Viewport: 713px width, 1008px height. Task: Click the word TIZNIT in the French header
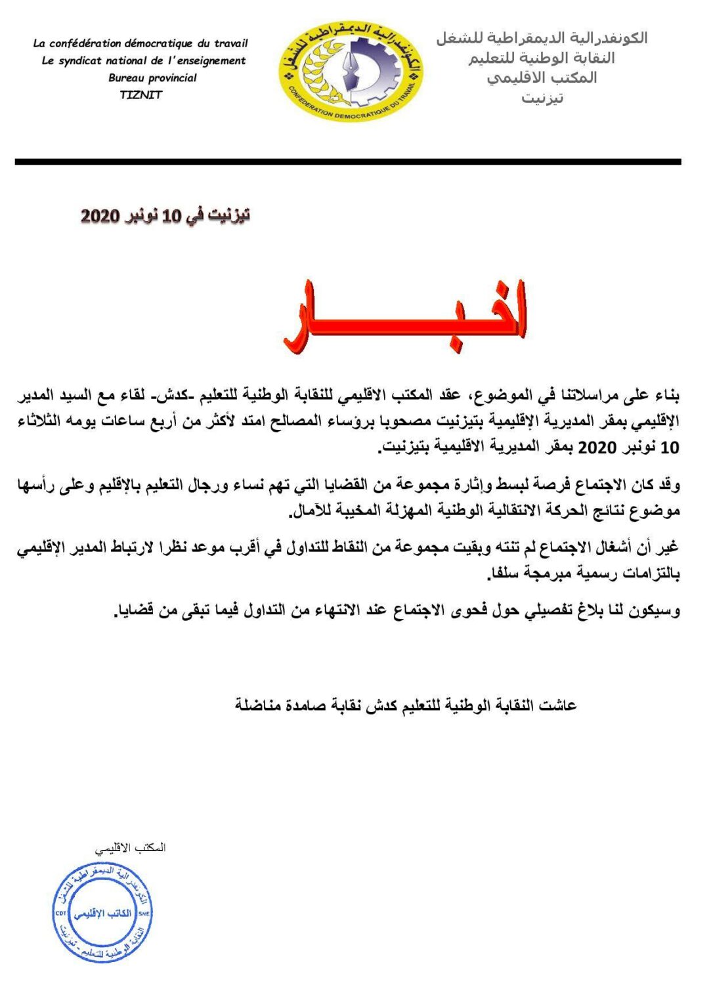pos(140,94)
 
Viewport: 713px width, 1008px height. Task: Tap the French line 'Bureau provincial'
pos(152,77)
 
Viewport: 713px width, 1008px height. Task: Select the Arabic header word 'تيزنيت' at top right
pos(542,98)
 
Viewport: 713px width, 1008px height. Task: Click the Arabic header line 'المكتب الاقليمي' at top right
pos(542,78)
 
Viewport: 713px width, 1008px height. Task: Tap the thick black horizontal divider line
pos(348,161)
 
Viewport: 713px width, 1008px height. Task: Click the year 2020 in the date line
pos(100,216)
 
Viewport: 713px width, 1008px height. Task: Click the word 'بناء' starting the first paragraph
pos(664,395)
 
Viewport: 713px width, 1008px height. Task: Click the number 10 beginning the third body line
pos(669,448)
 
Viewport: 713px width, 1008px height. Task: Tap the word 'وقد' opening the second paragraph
pos(666,485)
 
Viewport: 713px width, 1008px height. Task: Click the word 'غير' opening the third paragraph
pos(667,547)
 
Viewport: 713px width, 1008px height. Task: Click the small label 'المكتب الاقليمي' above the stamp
pos(131,848)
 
